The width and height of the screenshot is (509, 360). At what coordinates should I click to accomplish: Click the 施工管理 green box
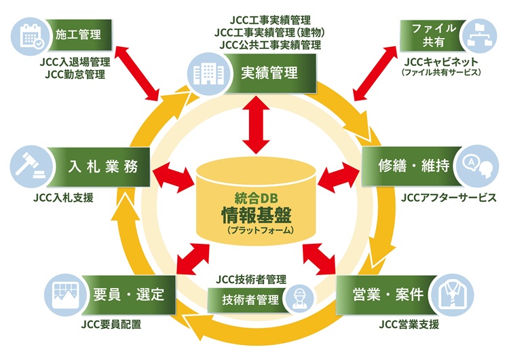[x=81, y=33]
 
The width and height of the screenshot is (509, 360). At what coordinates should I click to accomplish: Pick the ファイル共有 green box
[x=426, y=35]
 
